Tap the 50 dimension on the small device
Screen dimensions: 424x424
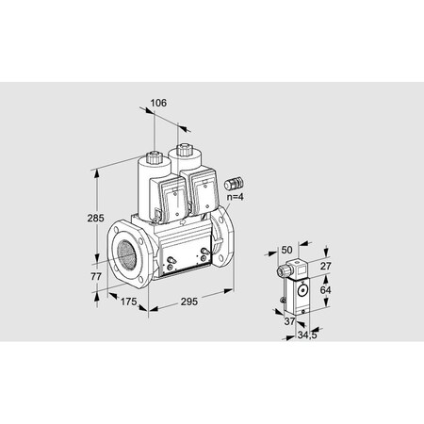287,250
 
